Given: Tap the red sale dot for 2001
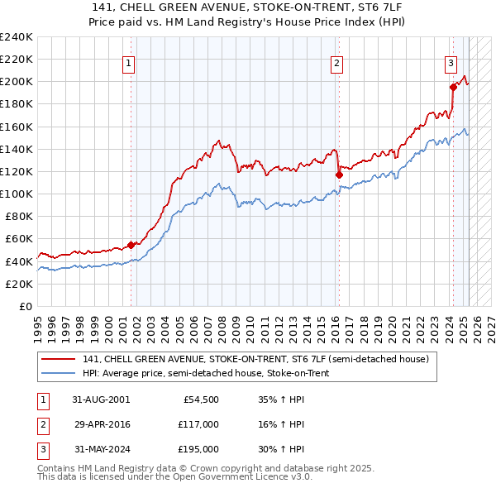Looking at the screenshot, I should coord(131,245).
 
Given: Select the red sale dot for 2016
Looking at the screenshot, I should coord(339,175).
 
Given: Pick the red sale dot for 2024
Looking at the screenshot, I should coord(453,87).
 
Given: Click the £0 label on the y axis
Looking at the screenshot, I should coord(26,306).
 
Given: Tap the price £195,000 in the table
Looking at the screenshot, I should coord(198,449).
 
